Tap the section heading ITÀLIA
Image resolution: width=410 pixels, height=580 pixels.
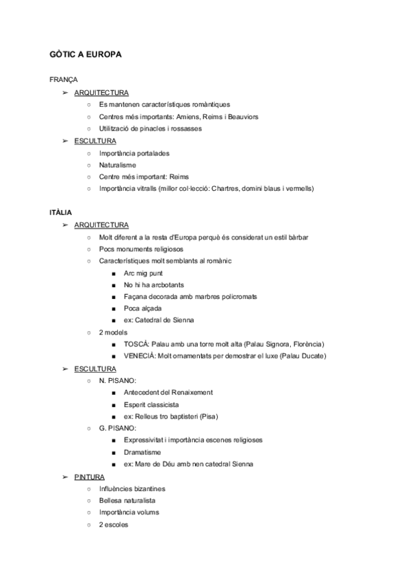point(62,213)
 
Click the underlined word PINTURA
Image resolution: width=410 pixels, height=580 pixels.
point(90,477)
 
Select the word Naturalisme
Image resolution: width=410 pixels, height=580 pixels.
point(117,165)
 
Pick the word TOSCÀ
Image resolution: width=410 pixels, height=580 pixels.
point(137,343)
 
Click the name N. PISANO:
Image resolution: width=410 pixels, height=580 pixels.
point(118,380)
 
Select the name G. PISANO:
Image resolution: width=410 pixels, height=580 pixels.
point(118,428)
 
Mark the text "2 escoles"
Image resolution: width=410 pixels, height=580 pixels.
point(114,525)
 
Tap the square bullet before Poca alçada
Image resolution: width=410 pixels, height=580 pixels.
point(112,308)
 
